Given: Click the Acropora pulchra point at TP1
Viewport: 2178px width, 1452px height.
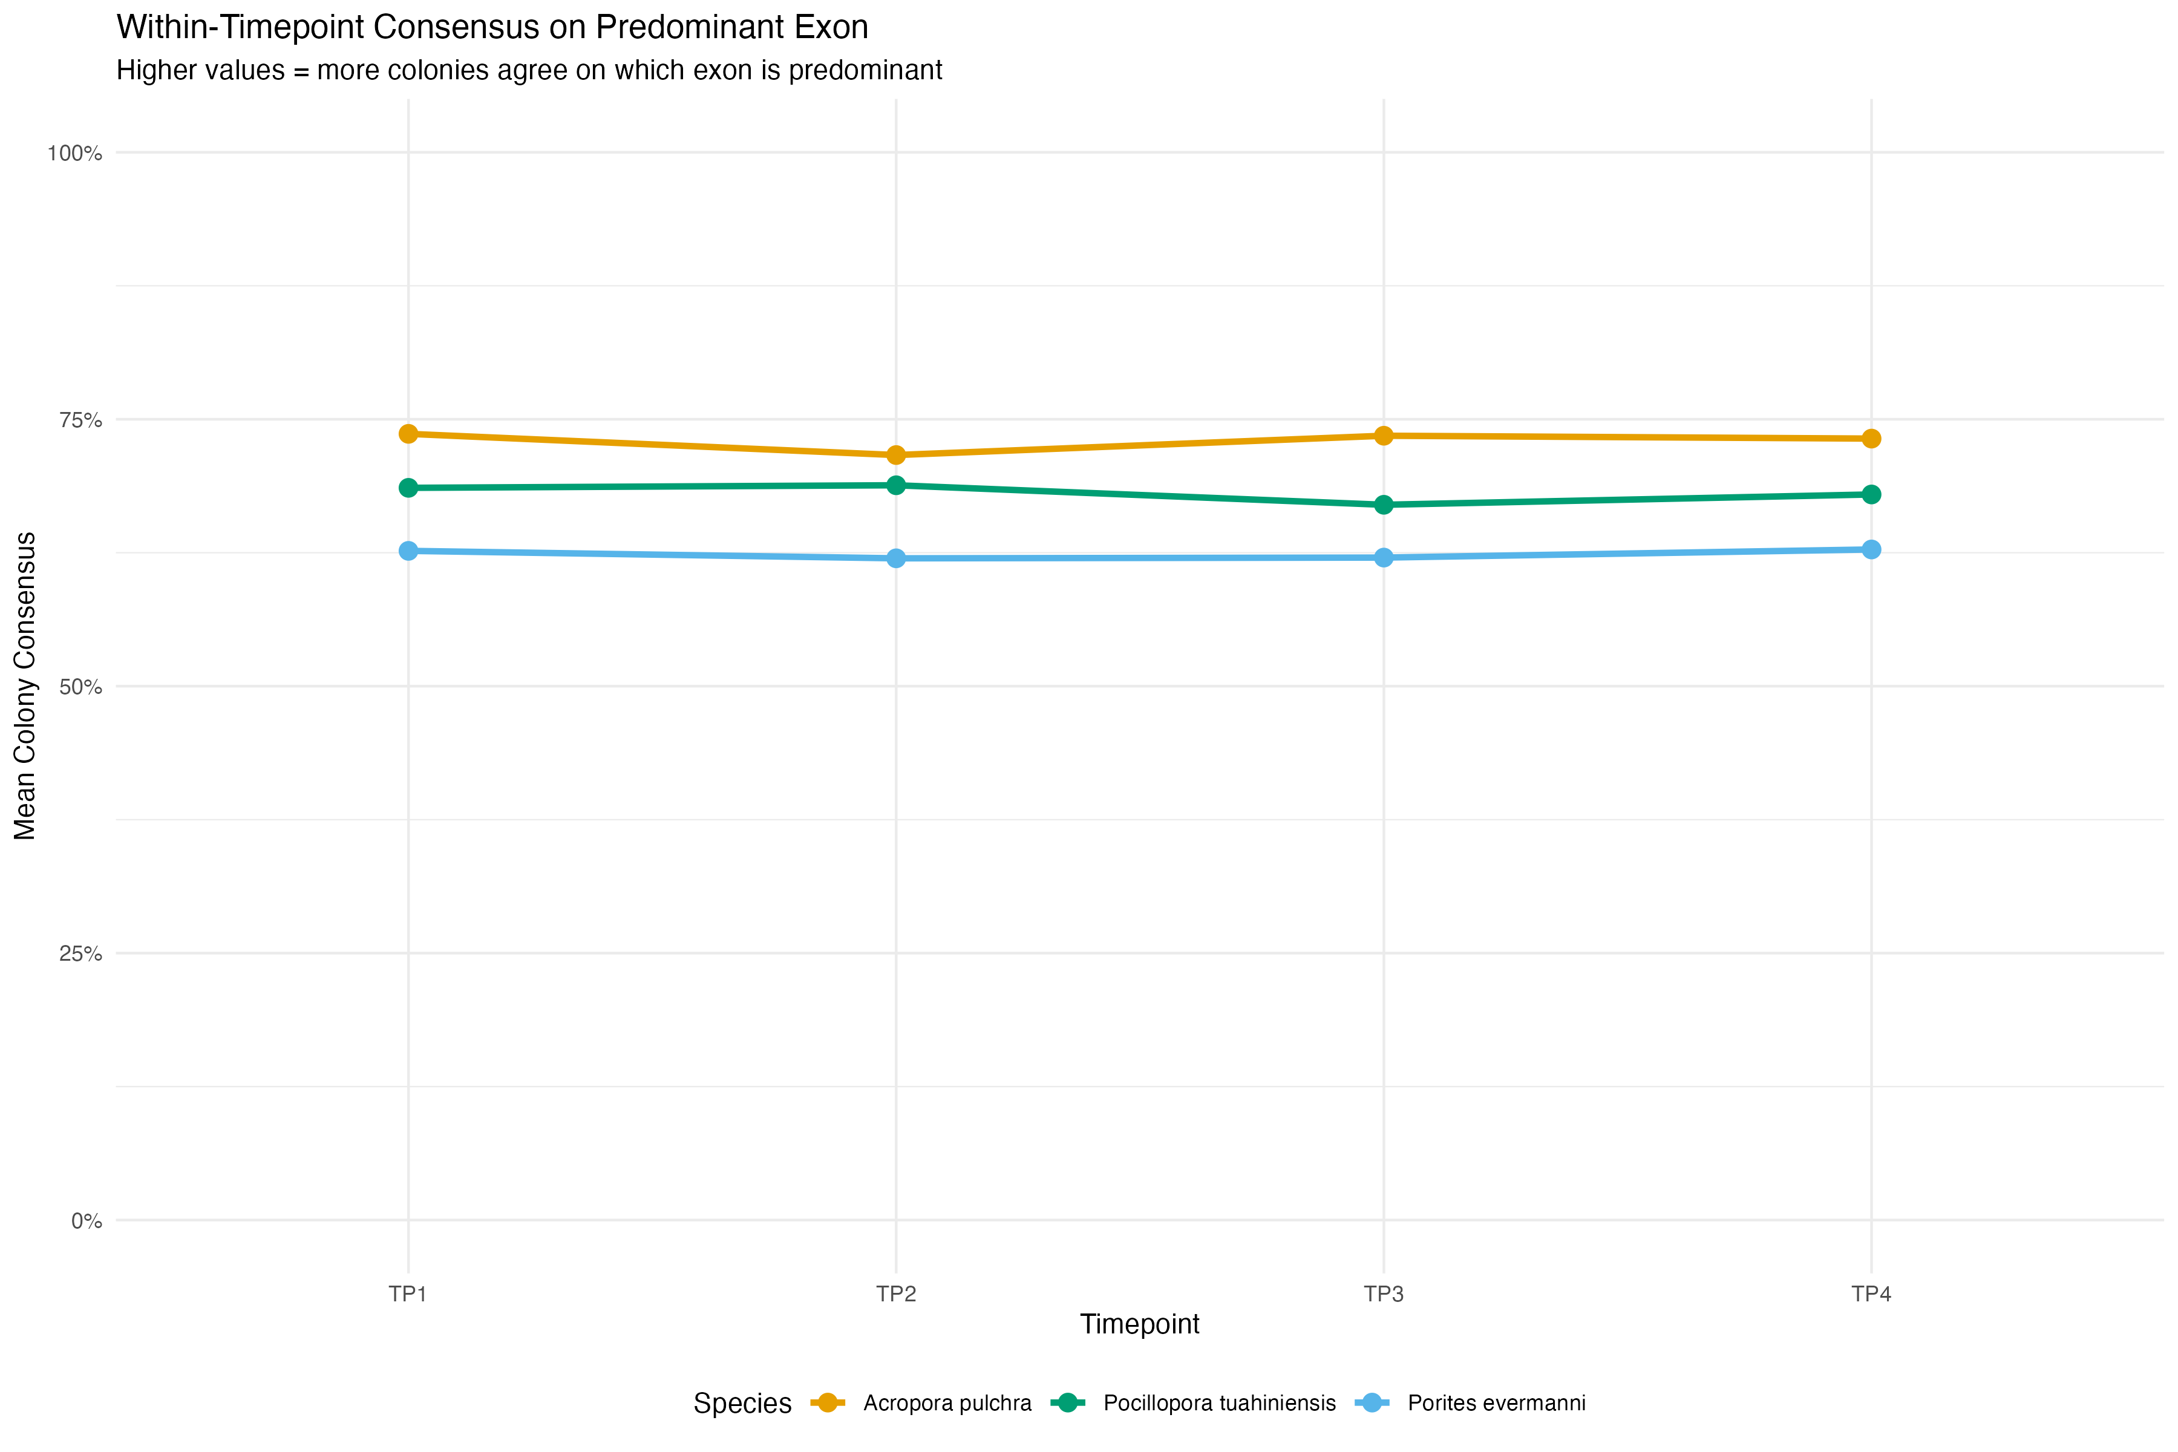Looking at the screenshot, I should (x=408, y=433).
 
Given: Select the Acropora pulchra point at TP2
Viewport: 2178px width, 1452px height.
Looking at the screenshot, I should (x=895, y=455).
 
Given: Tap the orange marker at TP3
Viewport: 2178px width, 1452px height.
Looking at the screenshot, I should (x=1384, y=435).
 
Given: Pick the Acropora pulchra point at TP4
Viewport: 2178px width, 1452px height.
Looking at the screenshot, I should (x=1871, y=438).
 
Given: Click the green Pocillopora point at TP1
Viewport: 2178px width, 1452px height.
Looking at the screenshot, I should (x=408, y=488).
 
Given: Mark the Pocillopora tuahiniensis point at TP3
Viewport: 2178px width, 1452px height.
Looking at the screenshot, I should (x=1384, y=505).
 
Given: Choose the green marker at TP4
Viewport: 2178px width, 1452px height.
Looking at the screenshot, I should (x=1871, y=494).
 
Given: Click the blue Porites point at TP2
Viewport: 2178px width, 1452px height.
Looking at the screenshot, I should (x=895, y=558).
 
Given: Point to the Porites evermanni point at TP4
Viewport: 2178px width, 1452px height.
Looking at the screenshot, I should (x=1871, y=550).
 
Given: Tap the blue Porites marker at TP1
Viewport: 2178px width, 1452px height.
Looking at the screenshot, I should (x=408, y=551).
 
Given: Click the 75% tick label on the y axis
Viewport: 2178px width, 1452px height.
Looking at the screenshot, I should (x=80, y=420).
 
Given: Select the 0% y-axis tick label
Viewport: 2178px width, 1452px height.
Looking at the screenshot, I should (x=86, y=1221).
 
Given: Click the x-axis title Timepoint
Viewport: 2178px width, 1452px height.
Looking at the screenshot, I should (x=1139, y=1324).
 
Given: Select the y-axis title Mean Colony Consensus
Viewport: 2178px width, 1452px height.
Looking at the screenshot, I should (x=25, y=686).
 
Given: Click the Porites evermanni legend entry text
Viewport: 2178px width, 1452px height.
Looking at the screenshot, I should (x=1496, y=1403).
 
